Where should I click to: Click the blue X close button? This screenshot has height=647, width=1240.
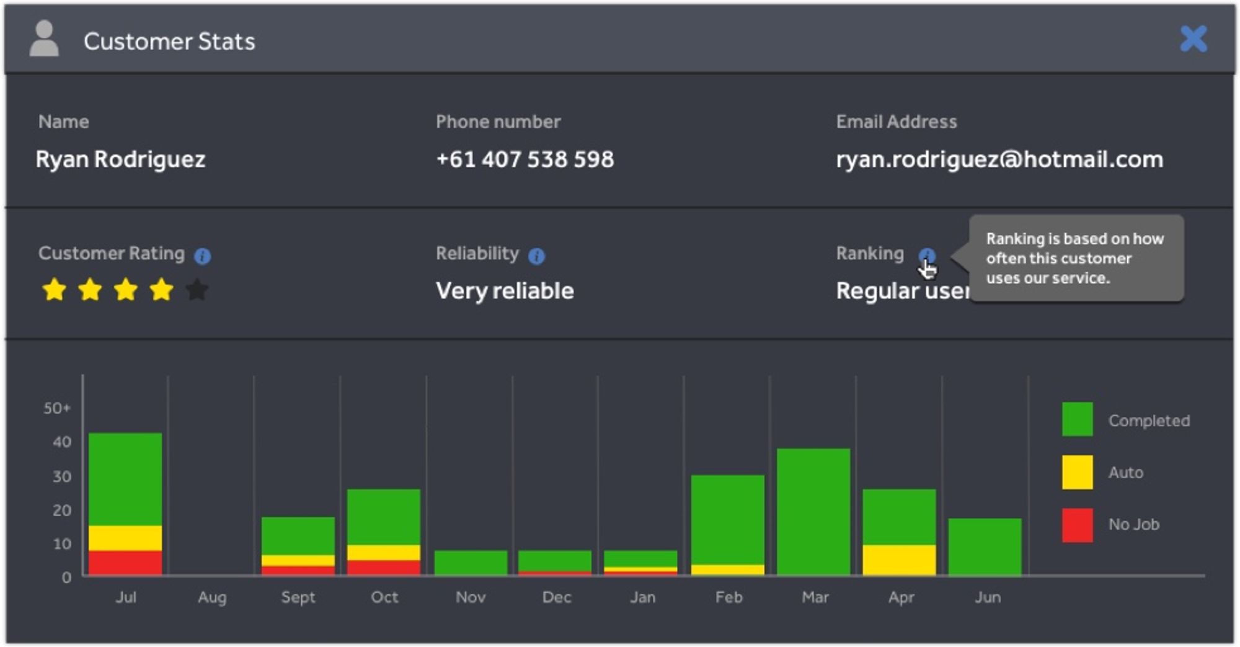click(x=1193, y=39)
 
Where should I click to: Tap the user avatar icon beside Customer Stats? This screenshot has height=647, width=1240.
click(x=44, y=38)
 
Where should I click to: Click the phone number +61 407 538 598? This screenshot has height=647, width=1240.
click(x=525, y=159)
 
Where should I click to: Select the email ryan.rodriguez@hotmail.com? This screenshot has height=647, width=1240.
click(x=999, y=160)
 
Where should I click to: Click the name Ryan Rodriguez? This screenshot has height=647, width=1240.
click(x=120, y=160)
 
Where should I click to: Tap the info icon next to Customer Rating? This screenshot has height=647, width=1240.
click(x=203, y=256)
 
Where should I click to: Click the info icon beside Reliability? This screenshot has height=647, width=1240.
click(x=537, y=256)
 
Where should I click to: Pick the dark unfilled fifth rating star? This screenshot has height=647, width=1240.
click(x=197, y=290)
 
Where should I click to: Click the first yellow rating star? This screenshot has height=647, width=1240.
click(x=55, y=290)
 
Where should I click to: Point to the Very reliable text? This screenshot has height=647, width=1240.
click(x=505, y=291)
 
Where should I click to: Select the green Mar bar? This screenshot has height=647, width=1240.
click(x=813, y=512)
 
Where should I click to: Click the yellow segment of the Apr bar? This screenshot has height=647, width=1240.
click(x=899, y=560)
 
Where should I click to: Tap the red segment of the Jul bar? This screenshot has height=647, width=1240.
click(x=125, y=563)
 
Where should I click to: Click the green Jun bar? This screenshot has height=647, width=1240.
click(x=985, y=547)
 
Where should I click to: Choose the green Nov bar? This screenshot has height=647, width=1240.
click(x=471, y=563)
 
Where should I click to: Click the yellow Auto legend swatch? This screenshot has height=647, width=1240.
click(x=1078, y=472)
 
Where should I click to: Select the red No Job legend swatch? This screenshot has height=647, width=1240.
click(x=1078, y=525)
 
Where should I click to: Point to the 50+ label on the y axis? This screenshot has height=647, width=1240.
click(x=57, y=408)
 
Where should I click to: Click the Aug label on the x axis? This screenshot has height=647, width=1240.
click(x=212, y=597)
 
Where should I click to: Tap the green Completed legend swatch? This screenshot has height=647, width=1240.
click(x=1078, y=419)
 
